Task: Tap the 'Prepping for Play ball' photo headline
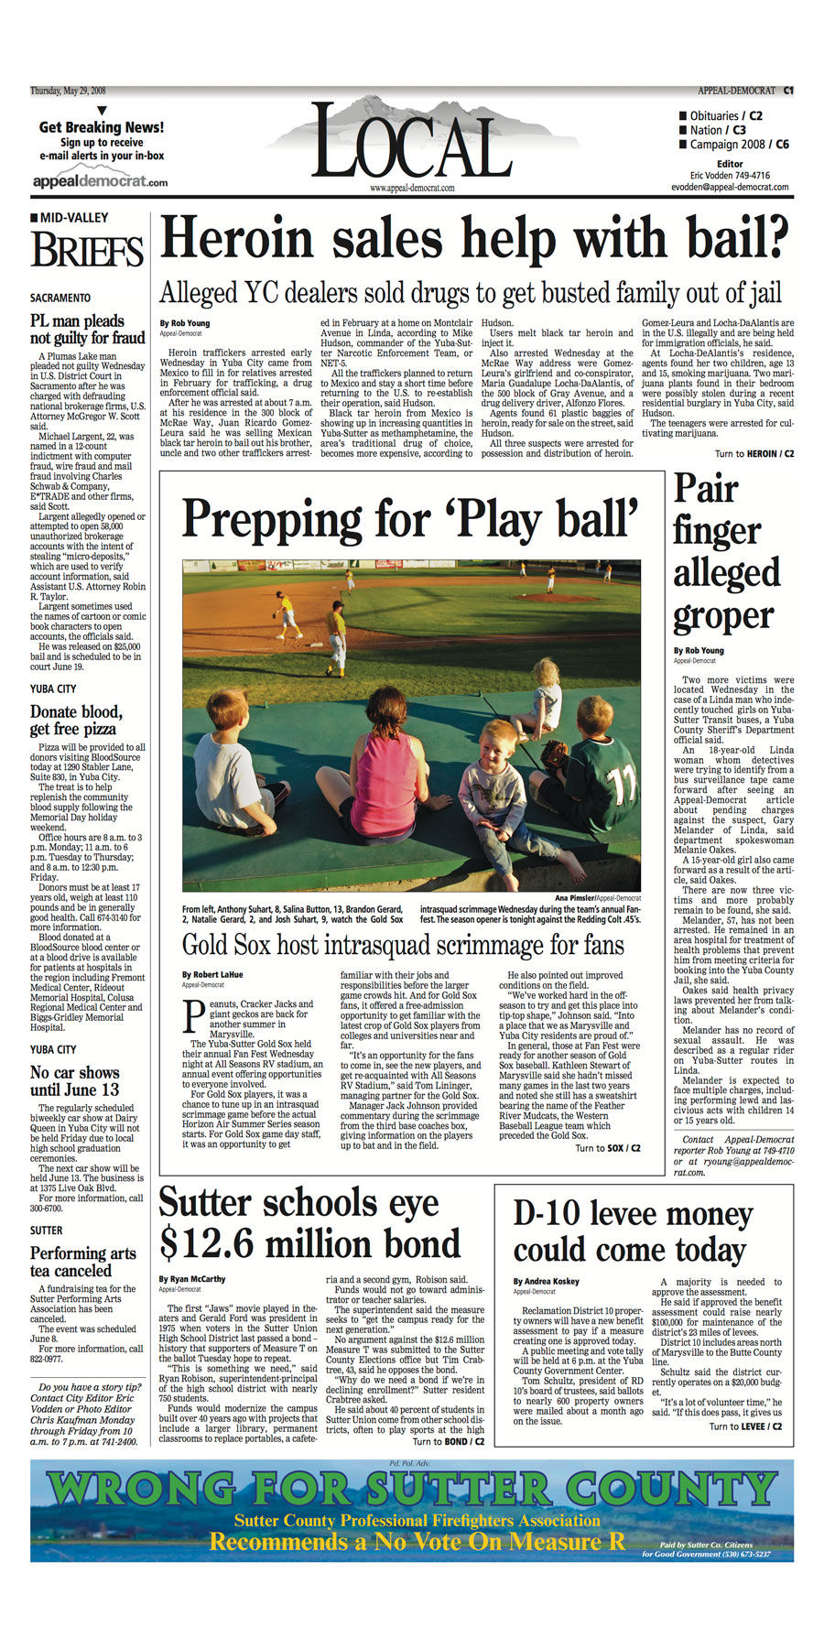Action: click(x=410, y=518)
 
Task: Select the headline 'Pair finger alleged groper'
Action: click(x=725, y=552)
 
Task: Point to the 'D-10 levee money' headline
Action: click(x=633, y=1214)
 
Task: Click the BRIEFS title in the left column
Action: click(x=87, y=250)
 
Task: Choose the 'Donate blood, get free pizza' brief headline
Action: click(x=76, y=720)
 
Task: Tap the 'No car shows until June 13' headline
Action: click(x=74, y=1080)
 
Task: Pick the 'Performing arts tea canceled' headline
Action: click(x=82, y=1262)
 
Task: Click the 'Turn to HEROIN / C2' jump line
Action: click(x=754, y=454)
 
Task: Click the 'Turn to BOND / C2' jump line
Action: click(x=450, y=1442)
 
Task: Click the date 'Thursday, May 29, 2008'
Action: click(x=68, y=91)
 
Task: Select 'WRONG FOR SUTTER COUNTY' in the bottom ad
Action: click(x=411, y=1490)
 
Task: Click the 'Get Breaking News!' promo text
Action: click(x=102, y=127)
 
